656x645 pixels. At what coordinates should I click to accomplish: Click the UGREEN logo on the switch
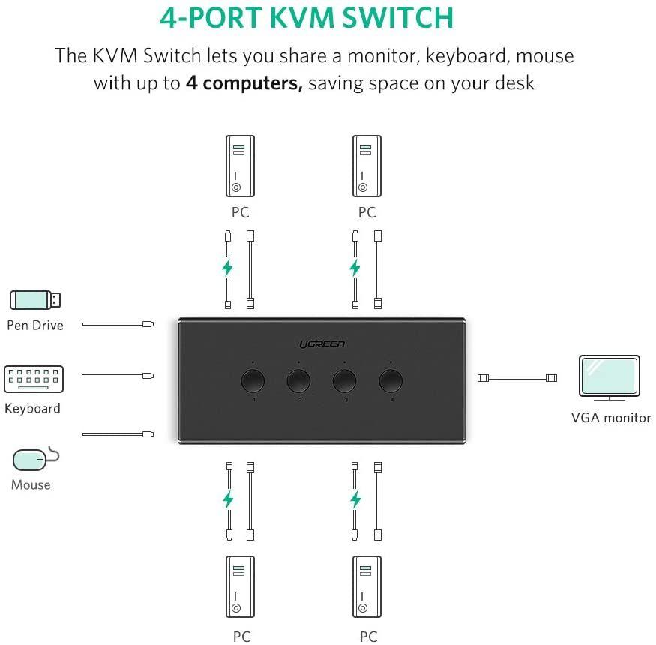[x=322, y=343]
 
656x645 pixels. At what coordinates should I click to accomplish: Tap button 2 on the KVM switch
[x=298, y=381]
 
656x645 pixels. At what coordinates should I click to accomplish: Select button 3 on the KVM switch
[x=345, y=381]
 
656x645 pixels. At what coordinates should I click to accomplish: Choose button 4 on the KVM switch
[x=391, y=381]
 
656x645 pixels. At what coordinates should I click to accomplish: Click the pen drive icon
[x=35, y=300]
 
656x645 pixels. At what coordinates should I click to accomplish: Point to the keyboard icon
[x=34, y=379]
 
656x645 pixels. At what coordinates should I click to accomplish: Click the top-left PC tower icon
[x=240, y=166]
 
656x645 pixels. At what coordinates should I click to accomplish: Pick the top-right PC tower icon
[x=367, y=166]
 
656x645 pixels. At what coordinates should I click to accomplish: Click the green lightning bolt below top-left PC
[x=227, y=268]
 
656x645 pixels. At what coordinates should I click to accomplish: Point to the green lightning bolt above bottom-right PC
[x=355, y=499]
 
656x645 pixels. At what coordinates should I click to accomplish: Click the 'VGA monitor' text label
[x=610, y=418]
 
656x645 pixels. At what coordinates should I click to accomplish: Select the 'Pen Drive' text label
[x=35, y=325]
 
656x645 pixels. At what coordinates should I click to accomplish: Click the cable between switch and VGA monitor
[x=517, y=376]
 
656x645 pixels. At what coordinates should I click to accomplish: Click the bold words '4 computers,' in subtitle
[x=244, y=82]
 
